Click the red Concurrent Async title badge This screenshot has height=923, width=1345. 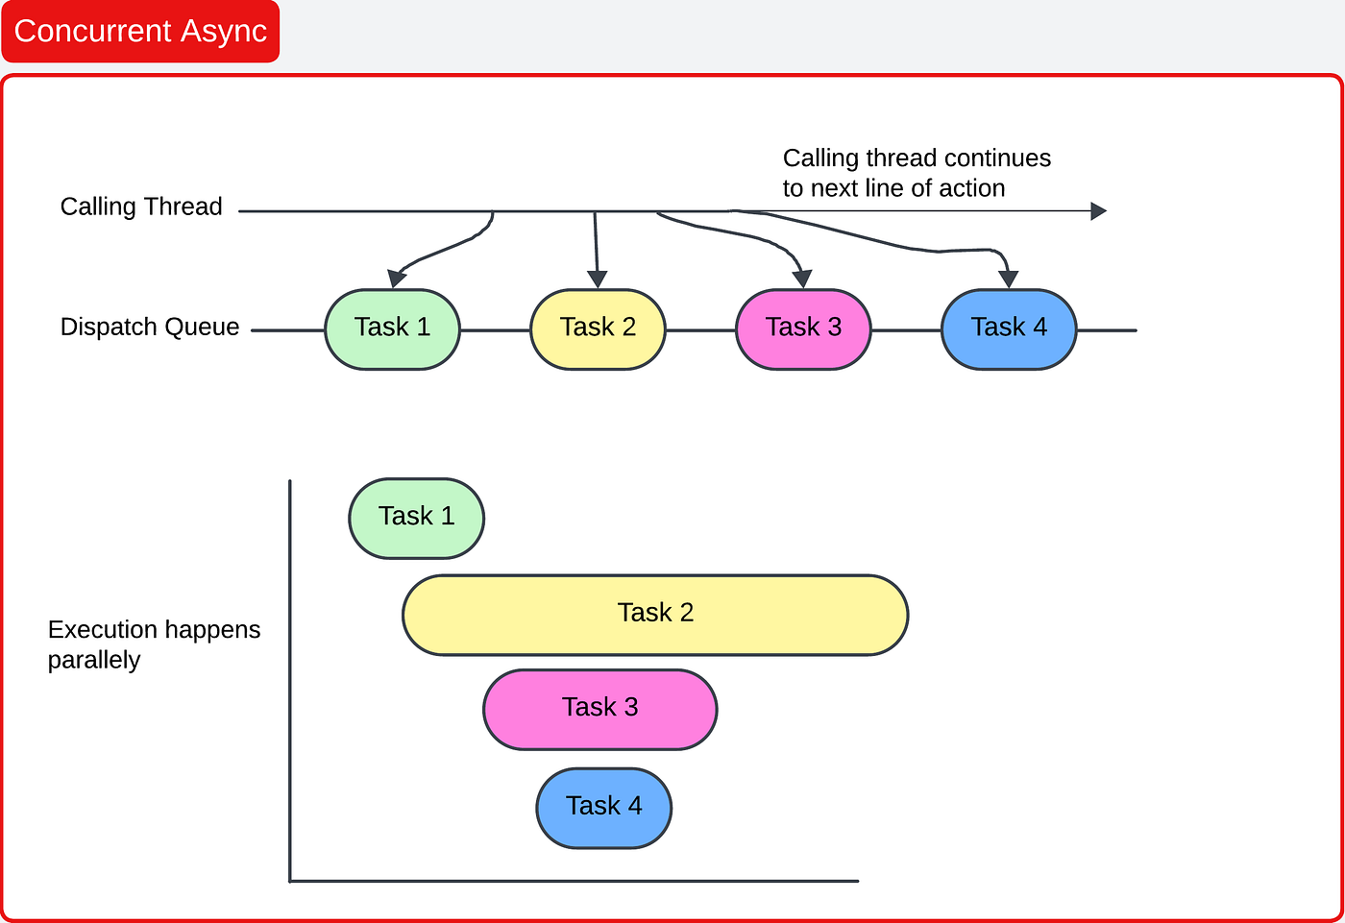coord(140,32)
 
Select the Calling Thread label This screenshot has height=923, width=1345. coord(141,206)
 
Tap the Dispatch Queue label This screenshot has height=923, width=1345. coord(149,327)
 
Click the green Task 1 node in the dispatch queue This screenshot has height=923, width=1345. coord(392,328)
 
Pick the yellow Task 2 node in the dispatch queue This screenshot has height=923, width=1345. coord(598,328)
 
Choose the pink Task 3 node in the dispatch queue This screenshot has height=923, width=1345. coord(803,328)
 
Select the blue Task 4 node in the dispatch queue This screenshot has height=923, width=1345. coord(1009,328)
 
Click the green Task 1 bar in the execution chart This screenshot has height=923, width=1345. coord(416,518)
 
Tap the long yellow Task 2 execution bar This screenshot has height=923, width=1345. coord(655,615)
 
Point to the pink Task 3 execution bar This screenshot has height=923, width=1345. coord(599,709)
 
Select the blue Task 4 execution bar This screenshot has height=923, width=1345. coord(603,807)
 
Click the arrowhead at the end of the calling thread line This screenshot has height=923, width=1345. coord(1099,211)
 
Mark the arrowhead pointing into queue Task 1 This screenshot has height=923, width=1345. coord(396,279)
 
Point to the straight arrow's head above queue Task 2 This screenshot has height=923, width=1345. coord(598,279)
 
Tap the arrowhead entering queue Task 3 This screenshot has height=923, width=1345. coord(803,279)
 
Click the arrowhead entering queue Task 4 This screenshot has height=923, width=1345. coord(1008,279)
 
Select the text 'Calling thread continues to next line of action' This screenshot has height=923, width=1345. coord(916,173)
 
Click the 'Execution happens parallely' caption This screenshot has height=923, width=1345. coord(154,644)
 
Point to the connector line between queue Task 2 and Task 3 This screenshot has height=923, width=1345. coord(700,330)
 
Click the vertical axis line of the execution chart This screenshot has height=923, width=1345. coord(290,672)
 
